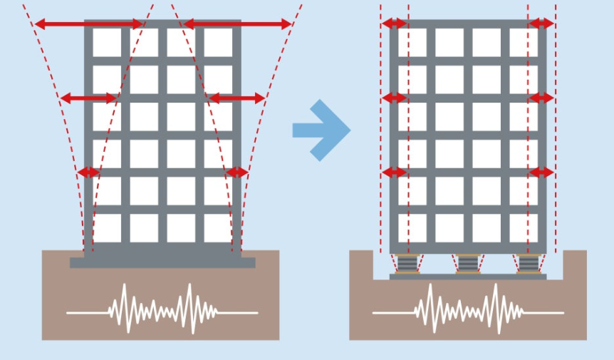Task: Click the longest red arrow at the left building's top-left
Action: [x=89, y=24]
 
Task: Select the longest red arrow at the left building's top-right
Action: [x=237, y=24]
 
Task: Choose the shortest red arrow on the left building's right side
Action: [x=236, y=172]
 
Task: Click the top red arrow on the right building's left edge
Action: [x=395, y=24]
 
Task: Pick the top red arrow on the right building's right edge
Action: [x=541, y=24]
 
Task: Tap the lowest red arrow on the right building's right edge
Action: [x=541, y=172]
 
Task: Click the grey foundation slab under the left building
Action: [x=162, y=262]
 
